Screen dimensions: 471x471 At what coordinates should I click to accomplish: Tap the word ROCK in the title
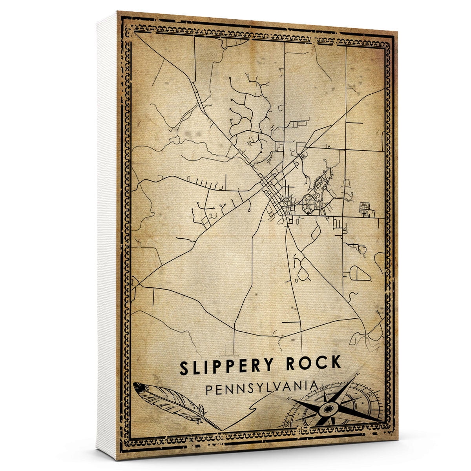click(313, 363)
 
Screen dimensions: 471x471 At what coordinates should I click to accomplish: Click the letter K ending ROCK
click(336, 363)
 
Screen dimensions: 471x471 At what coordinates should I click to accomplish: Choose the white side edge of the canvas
click(107, 235)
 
